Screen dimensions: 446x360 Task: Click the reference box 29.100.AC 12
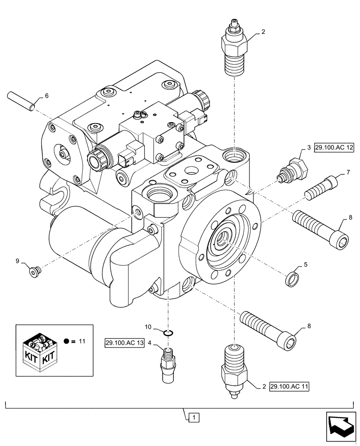pyautogui.click(x=334, y=148)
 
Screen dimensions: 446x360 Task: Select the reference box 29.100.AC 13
pyautogui.click(x=125, y=343)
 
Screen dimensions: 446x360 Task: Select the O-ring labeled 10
pyautogui.click(x=168, y=332)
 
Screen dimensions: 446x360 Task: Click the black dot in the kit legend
pyautogui.click(x=66, y=342)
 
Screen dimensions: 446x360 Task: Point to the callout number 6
pyautogui.click(x=46, y=96)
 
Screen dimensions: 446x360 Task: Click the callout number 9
pyautogui.click(x=18, y=261)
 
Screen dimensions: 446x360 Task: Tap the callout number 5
pyautogui.click(x=306, y=264)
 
